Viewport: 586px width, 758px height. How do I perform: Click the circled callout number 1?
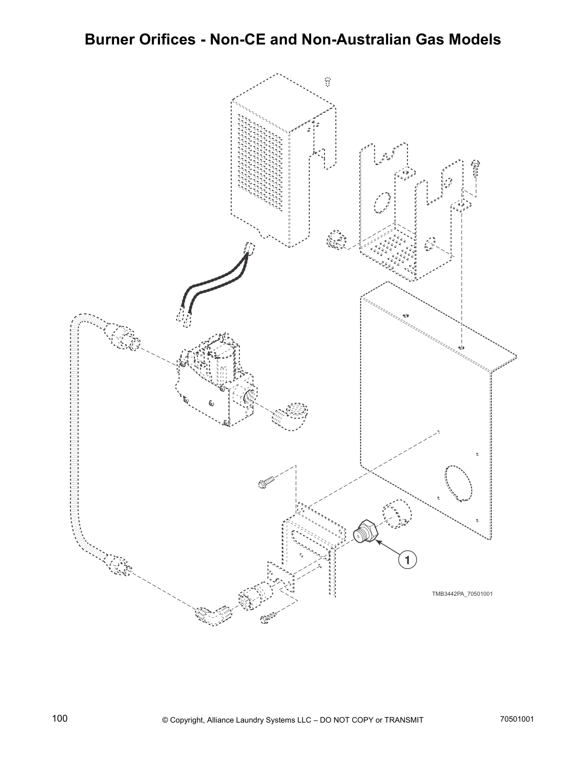pos(406,559)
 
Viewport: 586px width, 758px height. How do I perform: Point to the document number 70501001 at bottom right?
pos(517,719)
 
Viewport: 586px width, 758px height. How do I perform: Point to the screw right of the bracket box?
pos(475,169)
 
